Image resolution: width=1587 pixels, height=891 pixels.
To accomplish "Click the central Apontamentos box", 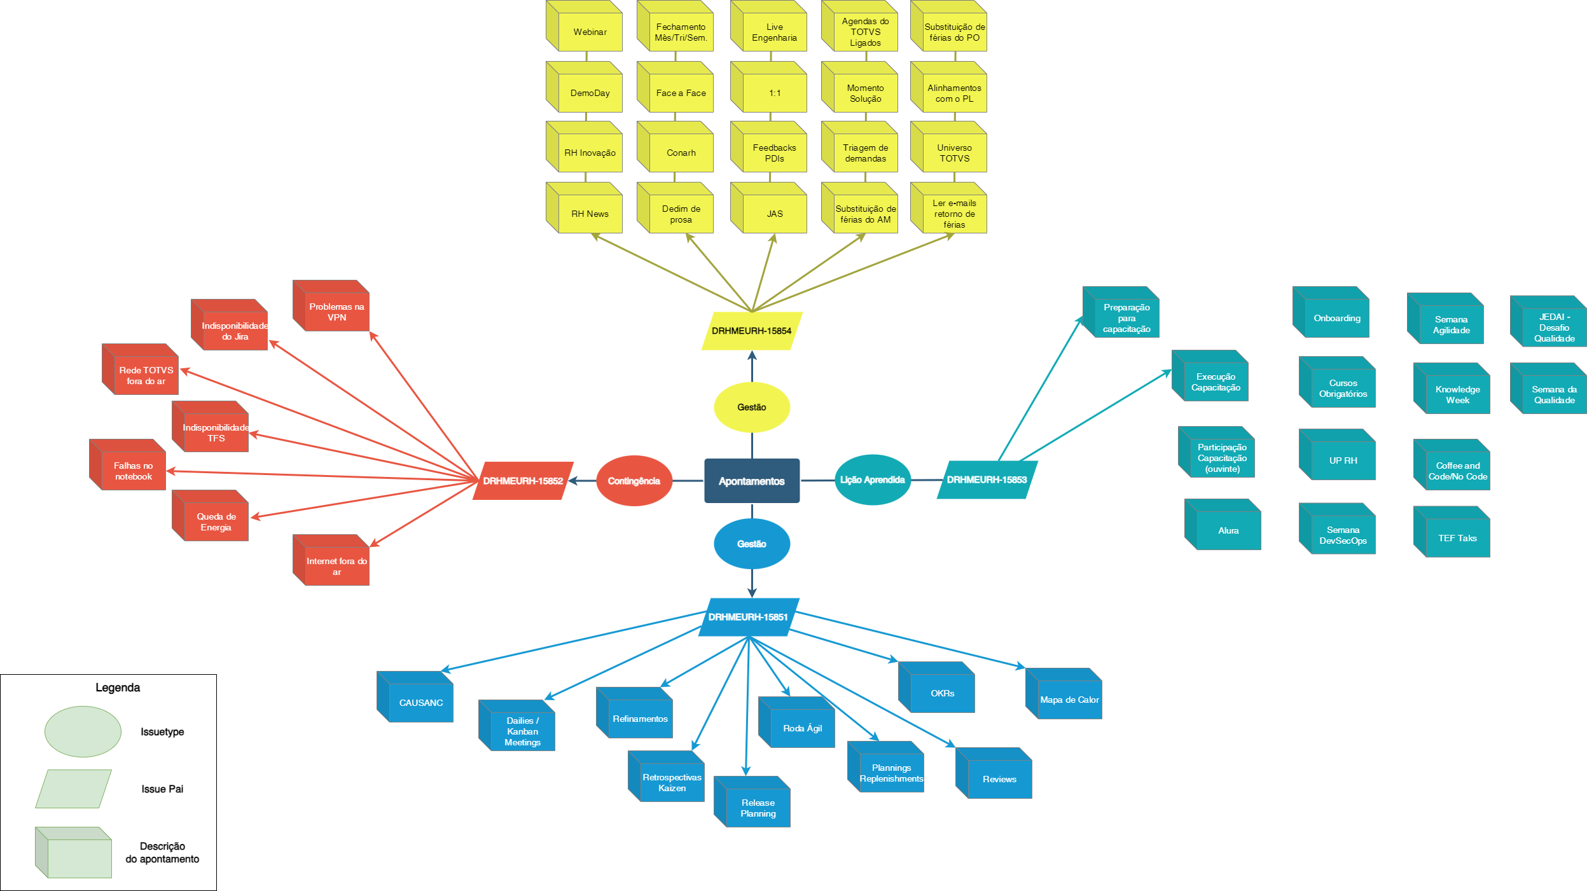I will [751, 481].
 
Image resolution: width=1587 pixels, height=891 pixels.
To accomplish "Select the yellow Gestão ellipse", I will [751, 407].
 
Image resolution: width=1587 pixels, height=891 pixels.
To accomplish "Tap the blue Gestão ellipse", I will [751, 544].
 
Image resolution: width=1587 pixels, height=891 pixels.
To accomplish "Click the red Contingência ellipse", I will [634, 481].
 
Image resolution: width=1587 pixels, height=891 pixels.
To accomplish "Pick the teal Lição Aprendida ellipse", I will [872, 480].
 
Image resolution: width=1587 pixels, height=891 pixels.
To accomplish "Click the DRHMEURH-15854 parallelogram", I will [751, 331].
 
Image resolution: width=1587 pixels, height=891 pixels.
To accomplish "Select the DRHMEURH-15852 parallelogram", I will [522, 481].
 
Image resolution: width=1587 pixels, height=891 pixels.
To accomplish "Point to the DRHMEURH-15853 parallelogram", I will [987, 480].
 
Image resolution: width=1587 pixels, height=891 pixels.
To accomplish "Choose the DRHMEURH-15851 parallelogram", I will [748, 617].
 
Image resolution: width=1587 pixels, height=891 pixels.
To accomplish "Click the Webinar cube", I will [590, 32].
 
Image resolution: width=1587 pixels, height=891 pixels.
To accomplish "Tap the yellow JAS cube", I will [774, 214].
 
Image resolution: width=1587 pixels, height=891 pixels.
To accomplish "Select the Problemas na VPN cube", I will [336, 312].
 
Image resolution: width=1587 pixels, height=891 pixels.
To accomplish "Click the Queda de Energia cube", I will [216, 521].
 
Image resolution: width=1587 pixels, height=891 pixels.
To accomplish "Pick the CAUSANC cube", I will [420, 702].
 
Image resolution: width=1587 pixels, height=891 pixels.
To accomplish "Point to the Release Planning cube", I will [758, 808].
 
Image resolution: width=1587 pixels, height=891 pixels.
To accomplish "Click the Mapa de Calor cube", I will [1069, 700].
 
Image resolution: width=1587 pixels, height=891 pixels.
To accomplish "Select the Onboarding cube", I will [1336, 318].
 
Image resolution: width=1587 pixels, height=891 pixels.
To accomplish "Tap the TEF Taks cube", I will [1457, 538].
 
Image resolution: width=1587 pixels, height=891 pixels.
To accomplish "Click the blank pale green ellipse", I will [83, 731].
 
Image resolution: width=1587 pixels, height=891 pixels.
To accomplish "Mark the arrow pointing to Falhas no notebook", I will [318, 476].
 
